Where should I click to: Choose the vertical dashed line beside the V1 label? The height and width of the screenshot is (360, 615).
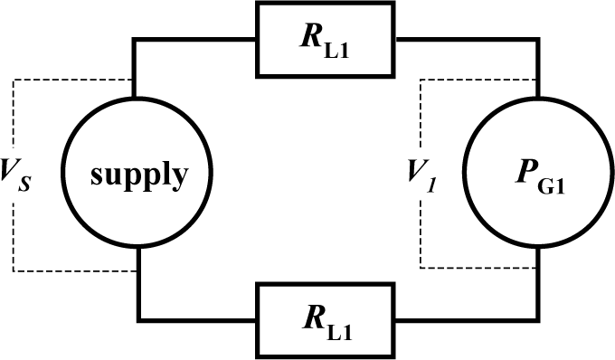(x=421, y=226)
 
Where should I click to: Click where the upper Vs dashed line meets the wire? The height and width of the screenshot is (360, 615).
(x=136, y=80)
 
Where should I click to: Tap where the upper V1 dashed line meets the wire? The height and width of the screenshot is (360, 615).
(x=537, y=80)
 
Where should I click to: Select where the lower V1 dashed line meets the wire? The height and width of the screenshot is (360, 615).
(x=537, y=268)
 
